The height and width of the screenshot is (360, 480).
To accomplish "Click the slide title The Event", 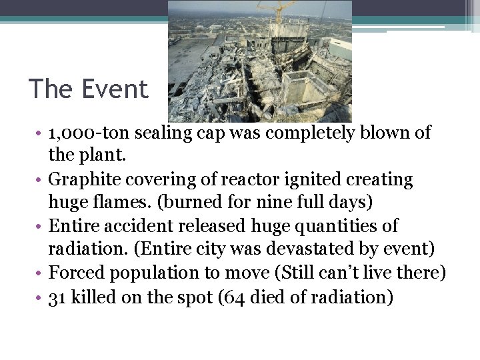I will [89, 89].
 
